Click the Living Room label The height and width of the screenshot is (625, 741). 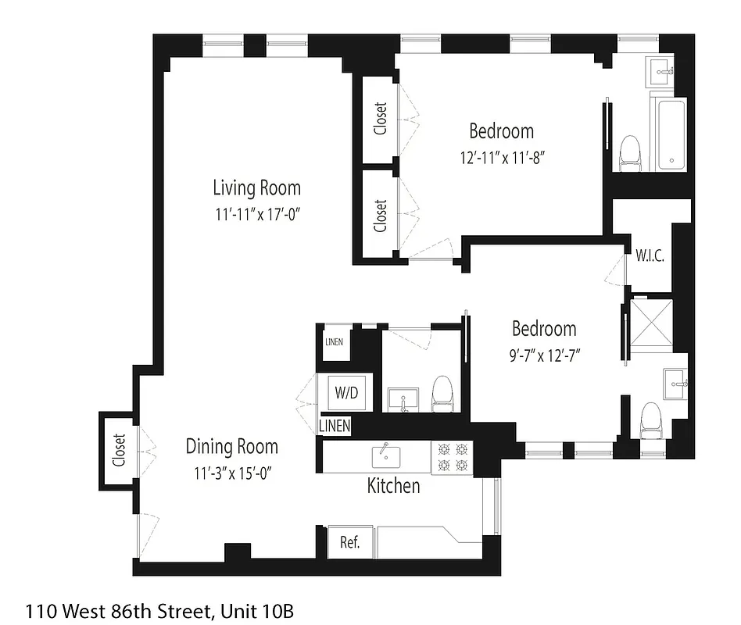(256, 187)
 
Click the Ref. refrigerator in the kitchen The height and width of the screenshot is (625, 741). (349, 542)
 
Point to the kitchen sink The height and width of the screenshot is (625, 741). (385, 455)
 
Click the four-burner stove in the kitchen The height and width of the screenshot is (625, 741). (452, 457)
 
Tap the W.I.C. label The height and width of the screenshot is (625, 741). (650, 255)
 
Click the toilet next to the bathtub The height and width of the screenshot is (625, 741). (629, 153)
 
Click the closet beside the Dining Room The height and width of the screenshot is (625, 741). (119, 450)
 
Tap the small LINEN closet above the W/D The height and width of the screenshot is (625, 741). (334, 342)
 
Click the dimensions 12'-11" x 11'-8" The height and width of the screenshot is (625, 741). (501, 156)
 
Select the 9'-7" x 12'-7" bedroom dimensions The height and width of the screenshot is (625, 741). (544, 354)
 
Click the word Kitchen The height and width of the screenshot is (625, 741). (393, 486)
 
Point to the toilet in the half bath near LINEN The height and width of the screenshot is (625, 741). (442, 393)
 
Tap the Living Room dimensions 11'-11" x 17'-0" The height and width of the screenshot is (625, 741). (258, 214)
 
